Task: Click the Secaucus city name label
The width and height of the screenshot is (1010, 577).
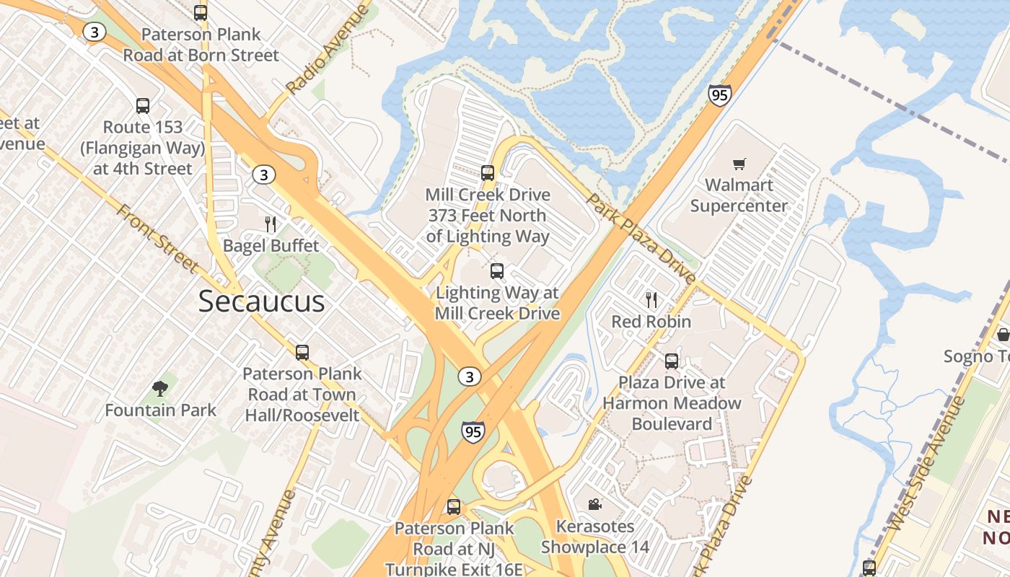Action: coord(261,301)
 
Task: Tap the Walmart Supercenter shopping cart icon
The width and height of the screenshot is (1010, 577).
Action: coord(739,164)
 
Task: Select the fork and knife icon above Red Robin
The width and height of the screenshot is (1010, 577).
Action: coord(651,299)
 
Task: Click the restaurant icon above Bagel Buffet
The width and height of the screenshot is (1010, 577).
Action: coord(271,224)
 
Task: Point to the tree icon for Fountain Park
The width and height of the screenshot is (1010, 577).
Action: coord(160,389)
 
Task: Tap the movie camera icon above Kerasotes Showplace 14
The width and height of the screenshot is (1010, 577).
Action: coord(594,504)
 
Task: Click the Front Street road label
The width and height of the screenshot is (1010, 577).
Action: coord(157,239)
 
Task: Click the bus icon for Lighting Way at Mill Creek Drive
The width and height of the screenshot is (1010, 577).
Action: coord(496,271)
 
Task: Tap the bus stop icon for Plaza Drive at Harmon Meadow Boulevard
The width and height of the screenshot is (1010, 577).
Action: coord(671,361)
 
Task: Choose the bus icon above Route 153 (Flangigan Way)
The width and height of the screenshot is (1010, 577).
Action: coord(143,106)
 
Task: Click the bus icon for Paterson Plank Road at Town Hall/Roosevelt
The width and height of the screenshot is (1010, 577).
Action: coord(302,352)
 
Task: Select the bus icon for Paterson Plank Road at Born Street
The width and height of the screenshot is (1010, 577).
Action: coord(201,12)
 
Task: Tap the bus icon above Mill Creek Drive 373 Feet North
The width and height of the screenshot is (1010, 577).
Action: coord(488,173)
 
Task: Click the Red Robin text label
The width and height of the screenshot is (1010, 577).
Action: coord(651,322)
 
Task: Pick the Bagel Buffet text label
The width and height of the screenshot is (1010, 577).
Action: coord(271,246)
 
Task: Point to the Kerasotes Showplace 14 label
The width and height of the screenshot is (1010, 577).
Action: coord(595,537)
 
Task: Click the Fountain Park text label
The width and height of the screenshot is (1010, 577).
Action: coord(160,410)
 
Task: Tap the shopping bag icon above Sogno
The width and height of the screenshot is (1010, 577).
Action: coord(1003,335)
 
